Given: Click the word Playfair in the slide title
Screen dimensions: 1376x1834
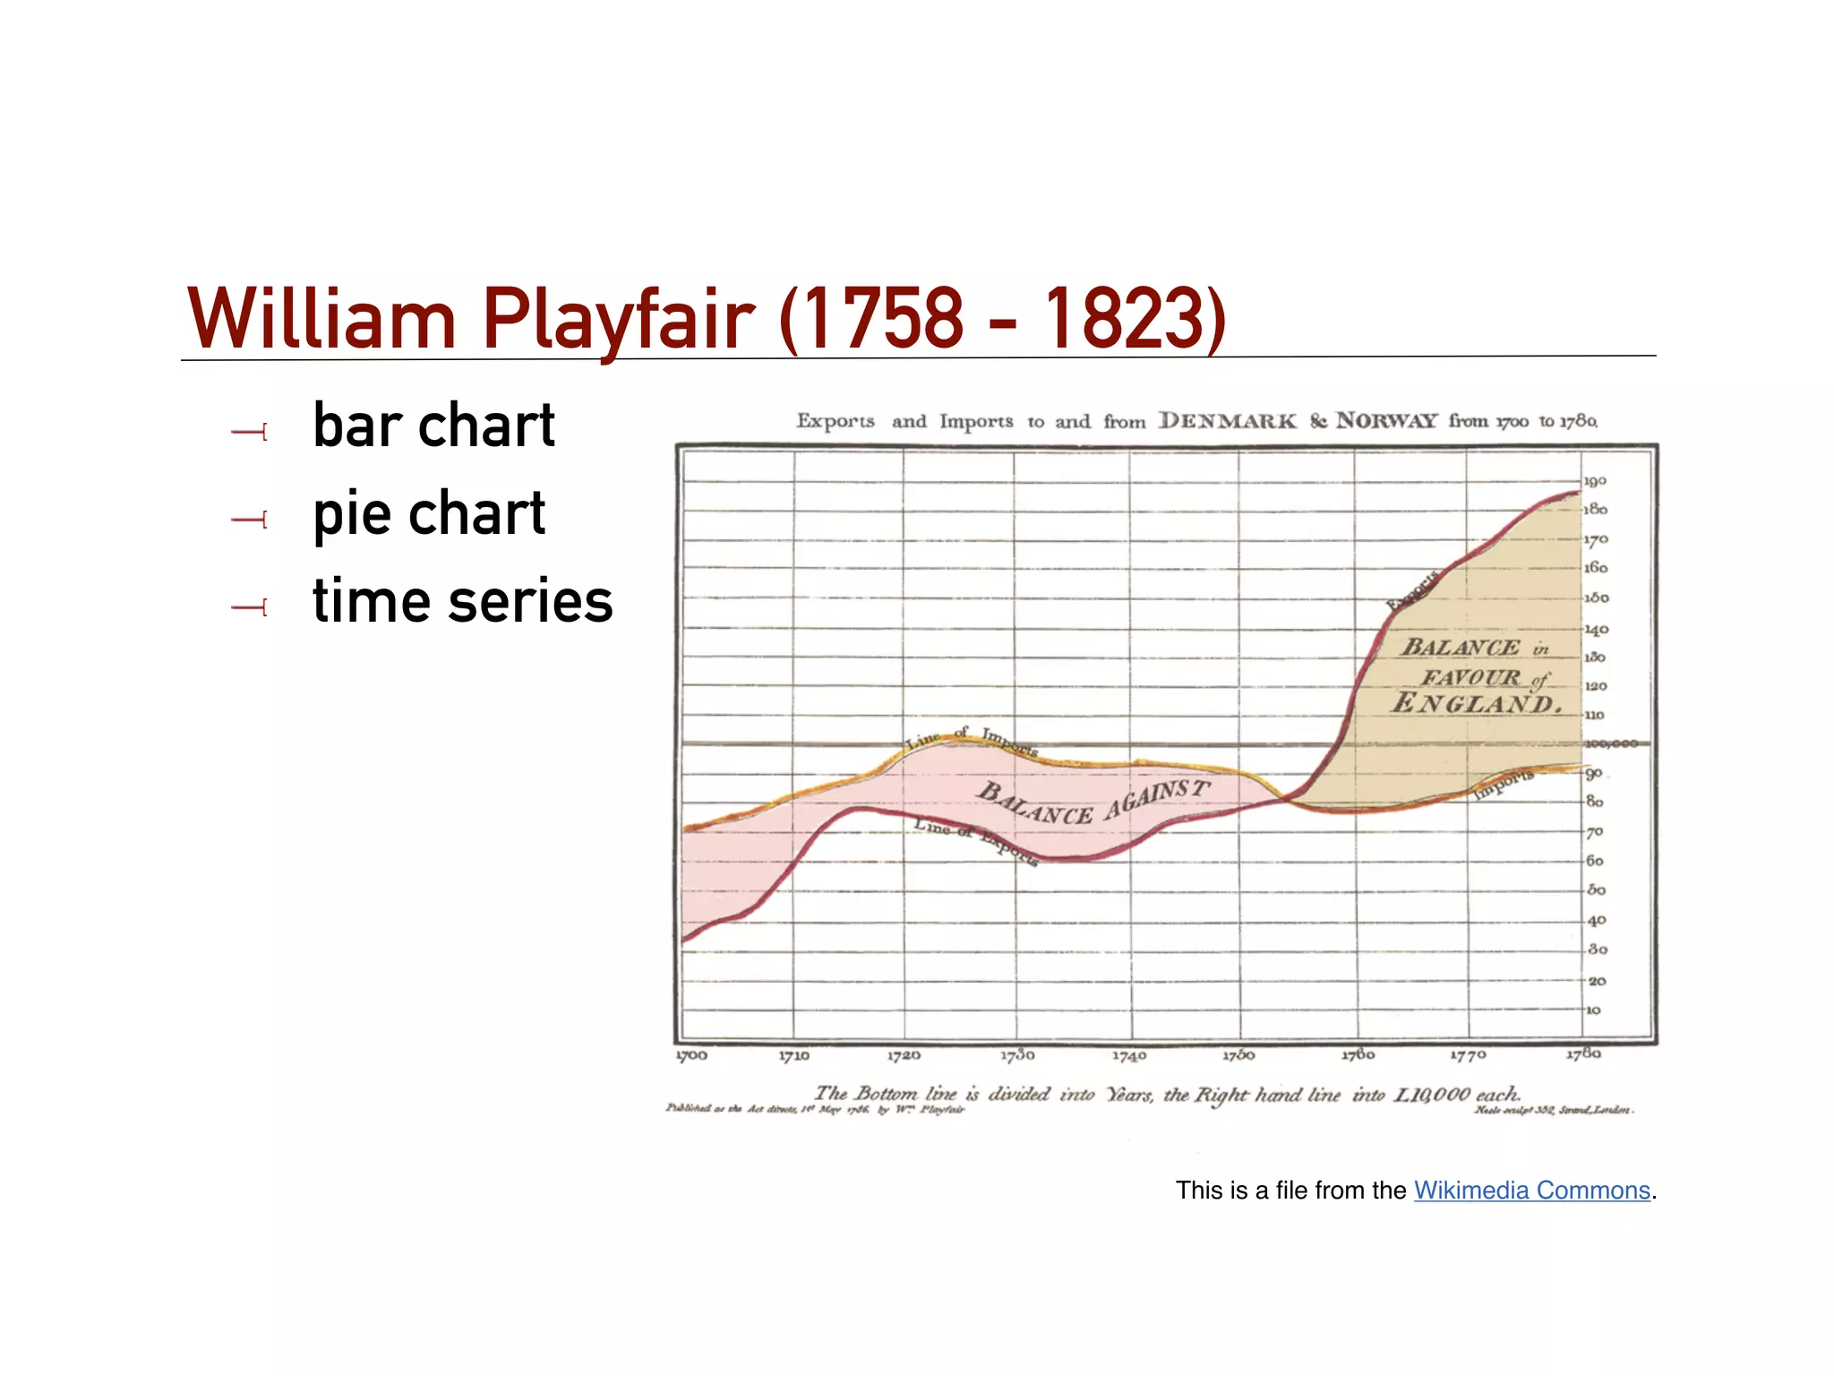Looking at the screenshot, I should [x=618, y=320].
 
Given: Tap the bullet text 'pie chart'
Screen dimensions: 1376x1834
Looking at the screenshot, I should [x=429, y=513].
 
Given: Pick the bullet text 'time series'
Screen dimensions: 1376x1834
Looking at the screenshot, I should [x=462, y=600].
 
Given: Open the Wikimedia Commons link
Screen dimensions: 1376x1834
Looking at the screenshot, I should [x=1531, y=1190].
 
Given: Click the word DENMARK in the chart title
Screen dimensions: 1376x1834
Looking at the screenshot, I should [x=1227, y=421].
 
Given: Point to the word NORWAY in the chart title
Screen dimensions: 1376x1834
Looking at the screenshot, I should [x=1386, y=421].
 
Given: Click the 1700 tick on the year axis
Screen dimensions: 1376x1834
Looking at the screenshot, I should [x=691, y=1055].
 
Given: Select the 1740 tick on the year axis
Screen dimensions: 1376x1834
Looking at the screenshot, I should [x=1129, y=1055].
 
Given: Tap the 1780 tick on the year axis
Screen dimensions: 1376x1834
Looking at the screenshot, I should [x=1583, y=1053].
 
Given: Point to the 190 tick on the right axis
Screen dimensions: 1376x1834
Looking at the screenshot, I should [x=1595, y=481].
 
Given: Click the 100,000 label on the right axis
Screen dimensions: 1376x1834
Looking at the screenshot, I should [x=1611, y=744].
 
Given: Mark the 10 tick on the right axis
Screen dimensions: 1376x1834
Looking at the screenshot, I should [x=1593, y=1010].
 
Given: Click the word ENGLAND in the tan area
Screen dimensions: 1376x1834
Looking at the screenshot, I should [x=1476, y=703].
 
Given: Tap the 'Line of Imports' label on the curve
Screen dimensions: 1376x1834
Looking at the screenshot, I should [x=972, y=740].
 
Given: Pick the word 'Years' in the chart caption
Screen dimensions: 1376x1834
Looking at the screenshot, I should [x=1130, y=1094].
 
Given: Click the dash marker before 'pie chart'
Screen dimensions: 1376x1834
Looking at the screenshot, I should [x=249, y=520].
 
